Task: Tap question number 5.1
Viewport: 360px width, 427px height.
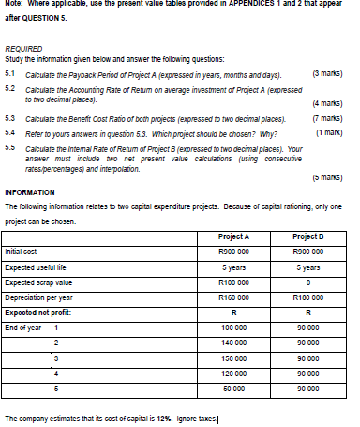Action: point(10,71)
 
